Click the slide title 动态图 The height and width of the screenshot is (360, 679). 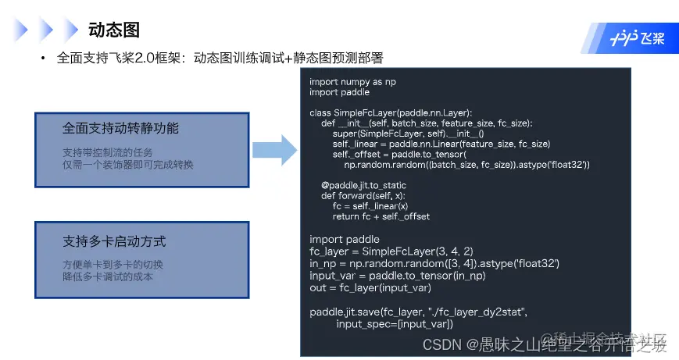114,30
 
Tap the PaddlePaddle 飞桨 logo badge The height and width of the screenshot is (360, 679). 638,37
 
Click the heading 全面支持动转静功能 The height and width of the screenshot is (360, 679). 121,128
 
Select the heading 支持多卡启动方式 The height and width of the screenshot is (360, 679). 114,241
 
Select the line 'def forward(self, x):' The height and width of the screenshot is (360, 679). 364,195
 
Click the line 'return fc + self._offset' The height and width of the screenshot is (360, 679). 381,216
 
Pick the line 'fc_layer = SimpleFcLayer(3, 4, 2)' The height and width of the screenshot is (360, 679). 391,251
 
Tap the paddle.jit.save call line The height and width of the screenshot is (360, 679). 419,312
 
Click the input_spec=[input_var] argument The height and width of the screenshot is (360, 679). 395,323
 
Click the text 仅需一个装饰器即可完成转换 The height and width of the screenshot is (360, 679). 127,165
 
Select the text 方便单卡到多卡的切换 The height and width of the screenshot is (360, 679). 113,264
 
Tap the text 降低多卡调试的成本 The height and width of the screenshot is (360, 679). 108,276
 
